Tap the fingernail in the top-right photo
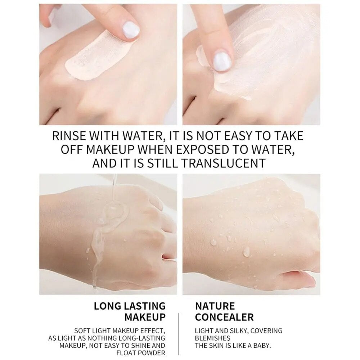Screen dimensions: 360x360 point(221,61)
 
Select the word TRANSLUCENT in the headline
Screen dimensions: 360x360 point(224,163)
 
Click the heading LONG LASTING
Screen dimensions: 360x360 point(130,306)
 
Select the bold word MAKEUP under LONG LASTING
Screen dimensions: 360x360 point(145,317)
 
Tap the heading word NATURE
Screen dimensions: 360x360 point(215,306)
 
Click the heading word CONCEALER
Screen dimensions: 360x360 point(224,317)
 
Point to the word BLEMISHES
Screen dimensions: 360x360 point(213,338)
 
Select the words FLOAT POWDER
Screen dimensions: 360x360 point(141,353)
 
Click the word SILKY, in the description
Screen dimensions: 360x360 point(239,331)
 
